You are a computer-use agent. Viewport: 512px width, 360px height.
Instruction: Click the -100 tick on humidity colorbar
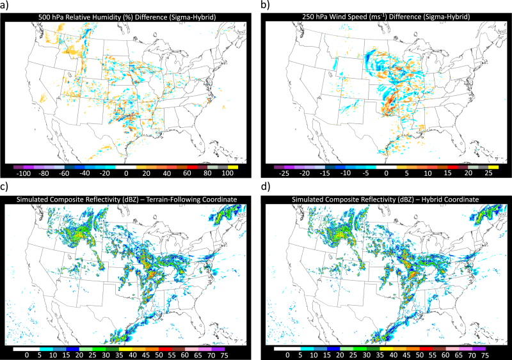pos(24,173)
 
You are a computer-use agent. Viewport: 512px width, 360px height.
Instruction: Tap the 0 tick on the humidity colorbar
pos(126,173)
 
